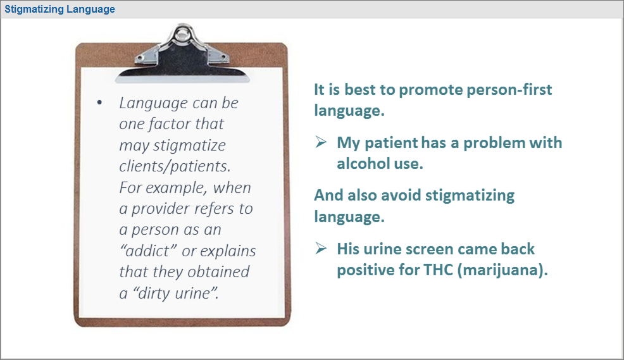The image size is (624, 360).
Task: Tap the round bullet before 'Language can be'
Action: click(99, 103)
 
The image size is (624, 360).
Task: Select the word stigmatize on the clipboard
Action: click(189, 146)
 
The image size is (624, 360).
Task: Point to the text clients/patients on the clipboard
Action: click(175, 166)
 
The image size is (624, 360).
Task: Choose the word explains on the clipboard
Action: click(228, 251)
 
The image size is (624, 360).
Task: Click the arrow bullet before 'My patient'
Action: click(321, 142)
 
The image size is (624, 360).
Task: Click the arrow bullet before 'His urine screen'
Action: click(321, 249)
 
